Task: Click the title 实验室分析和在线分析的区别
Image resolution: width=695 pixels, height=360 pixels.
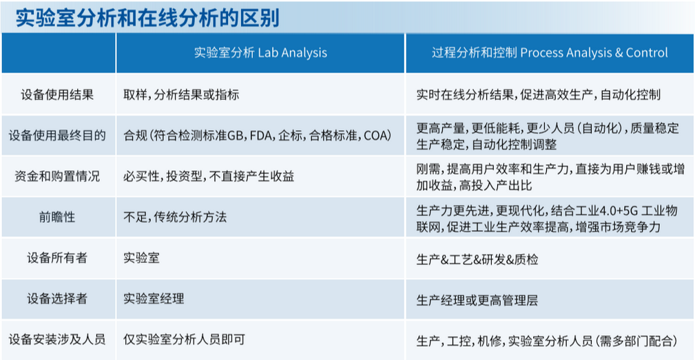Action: [147, 18]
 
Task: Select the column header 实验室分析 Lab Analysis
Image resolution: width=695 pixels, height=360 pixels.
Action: [260, 53]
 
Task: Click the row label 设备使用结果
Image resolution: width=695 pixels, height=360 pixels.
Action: [57, 94]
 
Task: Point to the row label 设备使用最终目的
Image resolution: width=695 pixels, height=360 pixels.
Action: [57, 135]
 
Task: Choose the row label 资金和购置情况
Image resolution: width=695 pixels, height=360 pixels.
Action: [57, 176]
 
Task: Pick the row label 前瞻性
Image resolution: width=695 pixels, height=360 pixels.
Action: [57, 217]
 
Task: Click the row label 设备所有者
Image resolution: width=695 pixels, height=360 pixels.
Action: [57, 257]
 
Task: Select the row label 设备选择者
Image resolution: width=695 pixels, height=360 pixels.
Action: [57, 299]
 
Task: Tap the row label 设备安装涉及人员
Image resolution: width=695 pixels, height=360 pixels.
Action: [57, 339]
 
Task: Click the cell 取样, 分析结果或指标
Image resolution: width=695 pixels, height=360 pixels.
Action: [181, 94]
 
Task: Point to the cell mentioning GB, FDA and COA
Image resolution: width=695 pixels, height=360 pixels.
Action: [258, 135]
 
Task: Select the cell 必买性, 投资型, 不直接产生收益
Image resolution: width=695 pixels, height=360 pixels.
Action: [209, 176]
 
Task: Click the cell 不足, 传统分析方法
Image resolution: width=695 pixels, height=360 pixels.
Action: [175, 217]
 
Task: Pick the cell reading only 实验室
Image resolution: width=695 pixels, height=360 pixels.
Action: [141, 257]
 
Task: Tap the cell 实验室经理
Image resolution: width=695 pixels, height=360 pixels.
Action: [154, 299]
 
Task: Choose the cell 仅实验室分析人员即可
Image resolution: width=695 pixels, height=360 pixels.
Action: [184, 339]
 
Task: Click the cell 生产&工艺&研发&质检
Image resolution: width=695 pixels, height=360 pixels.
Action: [477, 260]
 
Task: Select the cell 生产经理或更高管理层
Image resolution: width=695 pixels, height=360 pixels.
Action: [477, 300]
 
